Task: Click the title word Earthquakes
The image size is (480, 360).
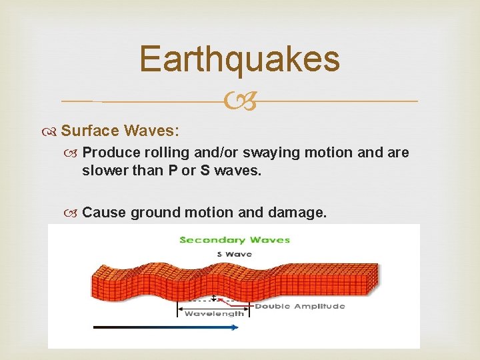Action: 239,59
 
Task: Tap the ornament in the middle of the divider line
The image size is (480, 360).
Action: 239,102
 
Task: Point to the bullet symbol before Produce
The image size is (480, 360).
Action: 74,153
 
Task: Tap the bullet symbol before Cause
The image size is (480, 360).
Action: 74,213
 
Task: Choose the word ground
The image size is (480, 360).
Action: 155,213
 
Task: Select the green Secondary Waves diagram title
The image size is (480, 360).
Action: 235,240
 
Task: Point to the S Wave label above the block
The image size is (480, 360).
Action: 234,254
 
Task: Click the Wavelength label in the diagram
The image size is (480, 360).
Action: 214,313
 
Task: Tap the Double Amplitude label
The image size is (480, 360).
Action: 300,306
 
